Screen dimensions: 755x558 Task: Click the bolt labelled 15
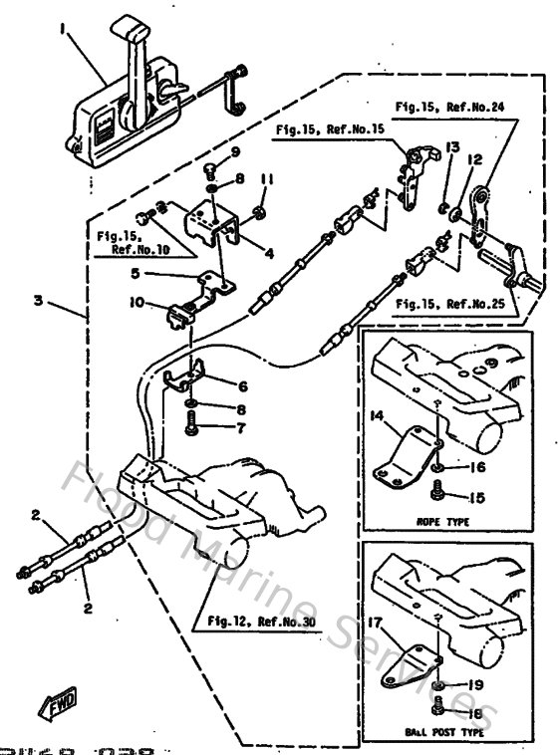click(x=438, y=489)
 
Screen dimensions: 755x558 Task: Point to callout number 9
click(x=236, y=151)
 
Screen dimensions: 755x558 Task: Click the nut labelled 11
click(x=257, y=211)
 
